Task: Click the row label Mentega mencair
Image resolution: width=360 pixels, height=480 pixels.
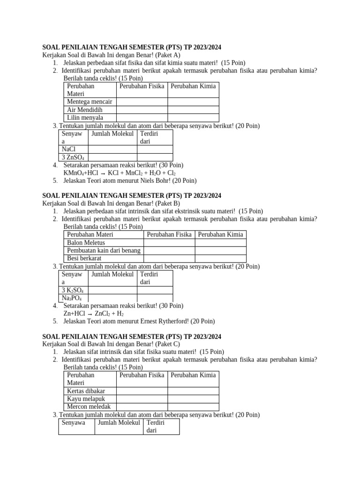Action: coord(90,102)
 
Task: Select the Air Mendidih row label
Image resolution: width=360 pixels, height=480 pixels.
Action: coord(84,110)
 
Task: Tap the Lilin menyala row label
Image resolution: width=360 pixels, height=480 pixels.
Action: coord(85,118)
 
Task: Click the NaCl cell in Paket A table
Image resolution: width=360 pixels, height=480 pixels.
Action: coord(68,150)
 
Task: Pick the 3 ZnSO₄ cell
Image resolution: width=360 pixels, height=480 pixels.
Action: coord(73,157)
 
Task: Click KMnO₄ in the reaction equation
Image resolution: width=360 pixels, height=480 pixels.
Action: coord(75,173)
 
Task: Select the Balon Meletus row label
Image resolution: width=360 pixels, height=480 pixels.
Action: coord(86,243)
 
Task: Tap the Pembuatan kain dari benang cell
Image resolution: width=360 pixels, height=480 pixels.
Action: coord(104,251)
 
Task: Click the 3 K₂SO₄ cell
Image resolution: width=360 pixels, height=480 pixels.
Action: coord(73,290)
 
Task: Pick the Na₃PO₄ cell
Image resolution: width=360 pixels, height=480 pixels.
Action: coord(72,298)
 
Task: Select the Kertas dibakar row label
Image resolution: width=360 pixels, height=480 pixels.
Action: coord(86,391)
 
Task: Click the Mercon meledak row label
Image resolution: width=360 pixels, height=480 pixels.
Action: coord(89,407)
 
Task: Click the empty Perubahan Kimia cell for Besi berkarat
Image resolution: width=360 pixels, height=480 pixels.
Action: coord(220,258)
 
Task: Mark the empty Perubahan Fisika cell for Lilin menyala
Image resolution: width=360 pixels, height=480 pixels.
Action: coord(142,118)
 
